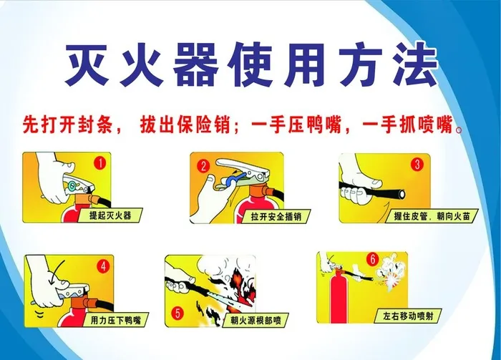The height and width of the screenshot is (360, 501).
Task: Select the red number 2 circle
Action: coord(204,166)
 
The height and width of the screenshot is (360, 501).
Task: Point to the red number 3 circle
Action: coord(417,164)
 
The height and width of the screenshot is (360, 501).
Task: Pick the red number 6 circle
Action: coord(371,259)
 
